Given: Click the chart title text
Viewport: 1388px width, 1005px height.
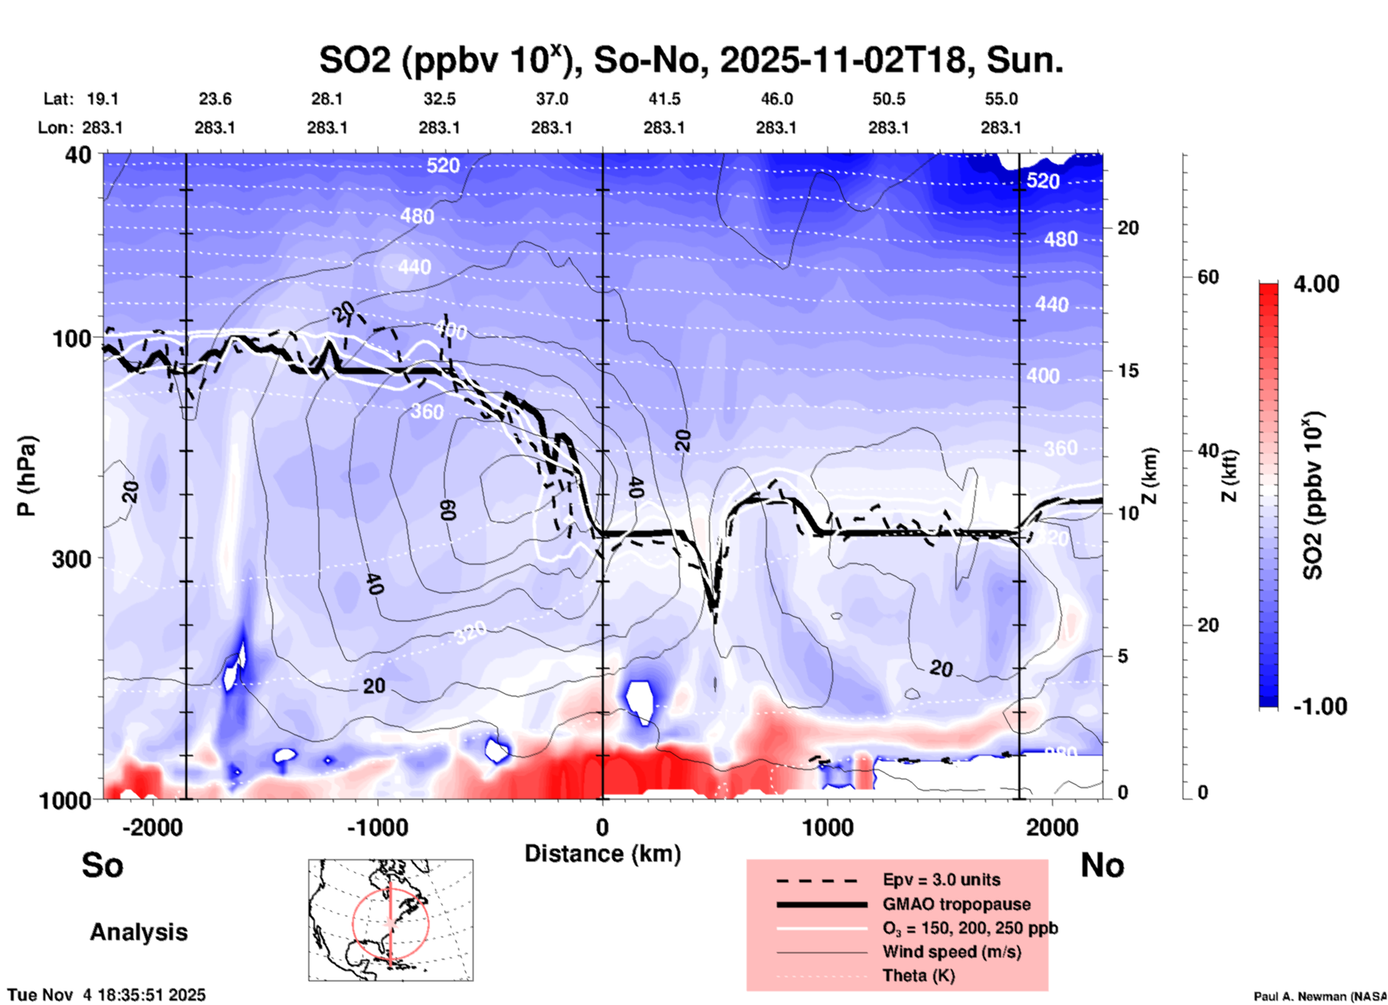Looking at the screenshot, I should [690, 61].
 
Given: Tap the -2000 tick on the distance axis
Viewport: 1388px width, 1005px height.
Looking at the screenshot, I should [153, 827].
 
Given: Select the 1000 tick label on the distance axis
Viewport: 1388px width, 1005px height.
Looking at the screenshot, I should [827, 827].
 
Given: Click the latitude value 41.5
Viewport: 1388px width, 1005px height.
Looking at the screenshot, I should [664, 99].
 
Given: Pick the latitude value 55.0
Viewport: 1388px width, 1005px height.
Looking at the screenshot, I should [1001, 99].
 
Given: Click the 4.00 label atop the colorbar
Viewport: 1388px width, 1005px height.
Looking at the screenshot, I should [1316, 284].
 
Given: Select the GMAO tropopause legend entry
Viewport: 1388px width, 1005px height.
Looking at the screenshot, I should [956, 904].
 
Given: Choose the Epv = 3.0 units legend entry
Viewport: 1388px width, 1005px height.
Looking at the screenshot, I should [941, 880].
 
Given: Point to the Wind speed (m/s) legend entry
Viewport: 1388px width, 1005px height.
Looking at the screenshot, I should [951, 952].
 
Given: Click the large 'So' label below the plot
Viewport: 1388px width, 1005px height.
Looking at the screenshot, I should [102, 865].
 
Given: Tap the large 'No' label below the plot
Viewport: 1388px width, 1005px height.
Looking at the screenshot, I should [1102, 865].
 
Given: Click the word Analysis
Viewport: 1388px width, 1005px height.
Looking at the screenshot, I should [138, 932].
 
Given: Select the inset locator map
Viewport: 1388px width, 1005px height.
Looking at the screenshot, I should [391, 920].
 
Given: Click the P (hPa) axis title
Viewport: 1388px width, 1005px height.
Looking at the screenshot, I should [26, 476].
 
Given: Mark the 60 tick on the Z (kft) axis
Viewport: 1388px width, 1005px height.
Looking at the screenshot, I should [1209, 277].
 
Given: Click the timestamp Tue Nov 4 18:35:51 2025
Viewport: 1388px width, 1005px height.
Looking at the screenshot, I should [107, 995].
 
